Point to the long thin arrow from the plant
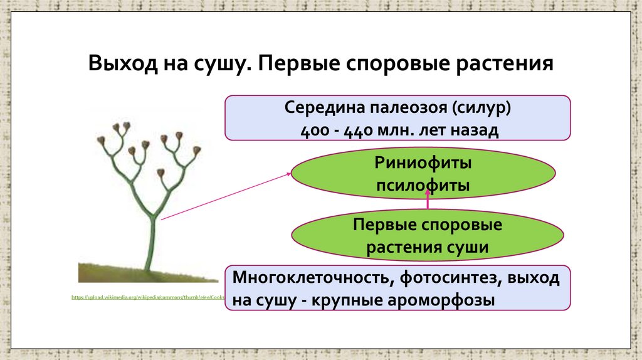tap(226, 198)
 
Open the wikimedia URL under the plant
tap(148, 297)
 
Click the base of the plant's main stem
tap(149, 268)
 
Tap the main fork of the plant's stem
tap(153, 215)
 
